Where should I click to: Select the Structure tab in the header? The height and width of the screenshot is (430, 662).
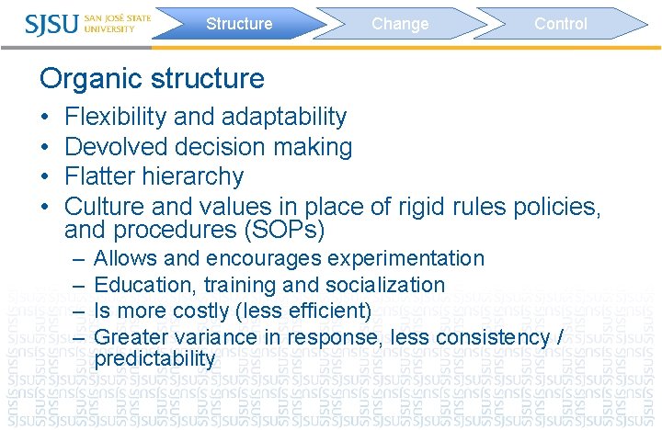pyautogui.click(x=238, y=24)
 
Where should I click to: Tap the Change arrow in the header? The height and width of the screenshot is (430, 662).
pyautogui.click(x=400, y=24)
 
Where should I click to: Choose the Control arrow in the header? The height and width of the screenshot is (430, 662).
pyautogui.click(x=560, y=24)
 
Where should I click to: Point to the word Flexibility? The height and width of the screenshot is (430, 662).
pyautogui.click(x=117, y=118)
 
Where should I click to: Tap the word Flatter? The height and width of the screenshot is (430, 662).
pyautogui.click(x=98, y=176)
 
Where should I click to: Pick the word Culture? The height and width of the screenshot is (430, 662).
pyautogui.click(x=103, y=206)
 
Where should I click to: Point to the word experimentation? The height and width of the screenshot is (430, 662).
pyautogui.click(x=405, y=259)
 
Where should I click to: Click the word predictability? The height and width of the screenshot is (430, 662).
pyautogui.click(x=154, y=358)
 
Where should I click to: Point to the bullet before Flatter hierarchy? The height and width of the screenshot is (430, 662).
pyautogui.click(x=46, y=176)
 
